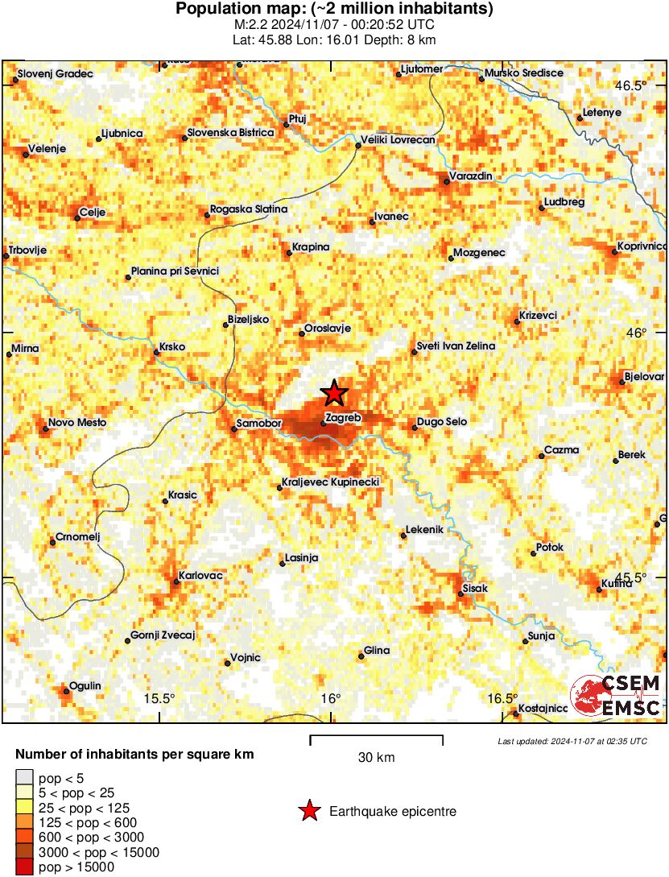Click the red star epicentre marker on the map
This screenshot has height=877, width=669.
[334, 394]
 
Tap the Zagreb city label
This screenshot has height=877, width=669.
[344, 418]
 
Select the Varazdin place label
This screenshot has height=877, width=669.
[470, 176]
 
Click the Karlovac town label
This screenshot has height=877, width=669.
[200, 576]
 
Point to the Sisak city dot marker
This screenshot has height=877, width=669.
[460, 594]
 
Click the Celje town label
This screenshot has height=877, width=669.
[91, 213]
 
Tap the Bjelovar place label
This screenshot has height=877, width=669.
[646, 377]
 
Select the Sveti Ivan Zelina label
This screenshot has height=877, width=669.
[456, 346]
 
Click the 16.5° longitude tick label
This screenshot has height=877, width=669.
[503, 698]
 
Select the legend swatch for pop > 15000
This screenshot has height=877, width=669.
[25, 867]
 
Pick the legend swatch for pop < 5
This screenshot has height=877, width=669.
[25, 777]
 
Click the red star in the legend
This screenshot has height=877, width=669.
[309, 812]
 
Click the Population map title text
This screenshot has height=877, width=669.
[334, 10]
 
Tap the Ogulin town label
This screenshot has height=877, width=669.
[85, 685]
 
